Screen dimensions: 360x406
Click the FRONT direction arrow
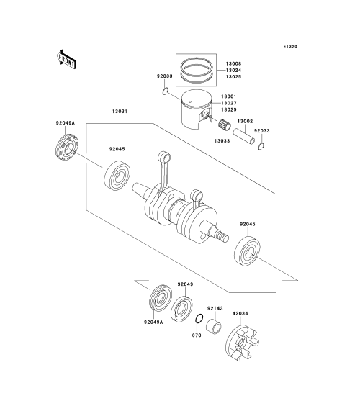[x=66, y=60]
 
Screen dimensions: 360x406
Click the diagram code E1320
[x=290, y=47]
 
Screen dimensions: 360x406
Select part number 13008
[x=233, y=63]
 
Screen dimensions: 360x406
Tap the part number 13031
[x=120, y=112]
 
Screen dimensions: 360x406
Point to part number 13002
[x=245, y=121]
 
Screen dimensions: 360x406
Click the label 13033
[x=222, y=141]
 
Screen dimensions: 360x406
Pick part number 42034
[x=240, y=314]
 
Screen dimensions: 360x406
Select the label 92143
[x=215, y=308]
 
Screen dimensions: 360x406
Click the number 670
[x=197, y=335]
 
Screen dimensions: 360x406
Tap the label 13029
[x=229, y=110]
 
